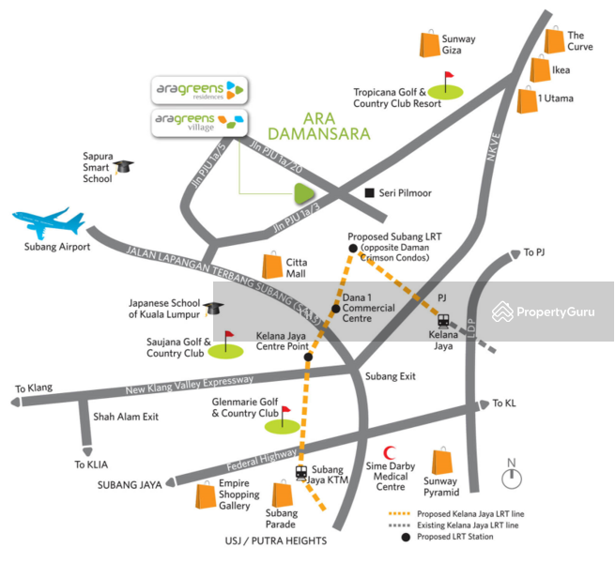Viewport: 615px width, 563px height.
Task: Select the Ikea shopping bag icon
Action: point(540,68)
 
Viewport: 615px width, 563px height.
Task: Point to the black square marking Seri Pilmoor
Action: point(369,192)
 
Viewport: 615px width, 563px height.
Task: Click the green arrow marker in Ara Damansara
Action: point(303,194)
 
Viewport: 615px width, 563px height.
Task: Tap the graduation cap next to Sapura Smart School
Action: point(124,166)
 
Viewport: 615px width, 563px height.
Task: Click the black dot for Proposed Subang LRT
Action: point(353,248)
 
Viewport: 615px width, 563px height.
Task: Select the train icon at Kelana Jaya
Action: point(443,320)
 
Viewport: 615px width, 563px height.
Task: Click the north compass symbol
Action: point(512,477)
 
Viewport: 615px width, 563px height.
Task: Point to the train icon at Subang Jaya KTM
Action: point(301,472)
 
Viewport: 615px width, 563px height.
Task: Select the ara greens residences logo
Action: point(199,90)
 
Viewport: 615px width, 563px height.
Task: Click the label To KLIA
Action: point(93,464)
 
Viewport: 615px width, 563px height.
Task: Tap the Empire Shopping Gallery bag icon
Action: point(205,495)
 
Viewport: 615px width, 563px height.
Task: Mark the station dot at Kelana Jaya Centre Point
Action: point(307,357)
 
